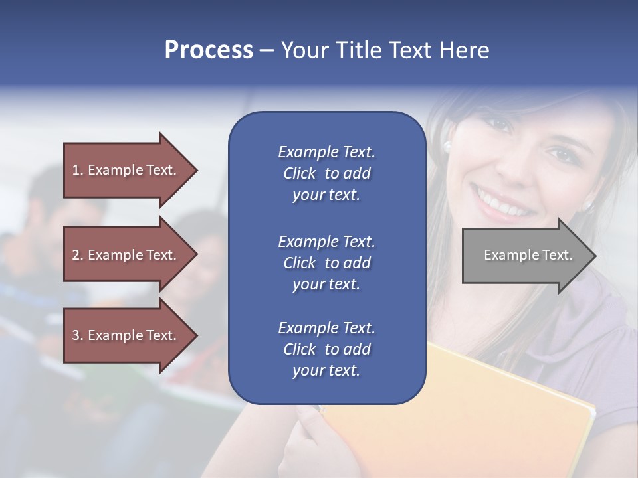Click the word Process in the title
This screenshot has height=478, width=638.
tap(209, 50)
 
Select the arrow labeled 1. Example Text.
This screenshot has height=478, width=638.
tap(126, 170)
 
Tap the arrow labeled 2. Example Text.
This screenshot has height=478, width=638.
tap(126, 255)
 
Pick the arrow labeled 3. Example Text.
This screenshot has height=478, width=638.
tap(126, 335)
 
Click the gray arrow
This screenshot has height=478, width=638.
tap(525, 255)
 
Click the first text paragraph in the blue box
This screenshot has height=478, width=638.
tap(326, 173)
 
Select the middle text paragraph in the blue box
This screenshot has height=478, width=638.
tap(326, 262)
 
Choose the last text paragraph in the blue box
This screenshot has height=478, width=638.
tap(326, 349)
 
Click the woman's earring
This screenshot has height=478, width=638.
tap(447, 145)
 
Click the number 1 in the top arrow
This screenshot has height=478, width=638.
tap(76, 170)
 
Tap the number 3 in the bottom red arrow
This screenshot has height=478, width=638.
tap(76, 335)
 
